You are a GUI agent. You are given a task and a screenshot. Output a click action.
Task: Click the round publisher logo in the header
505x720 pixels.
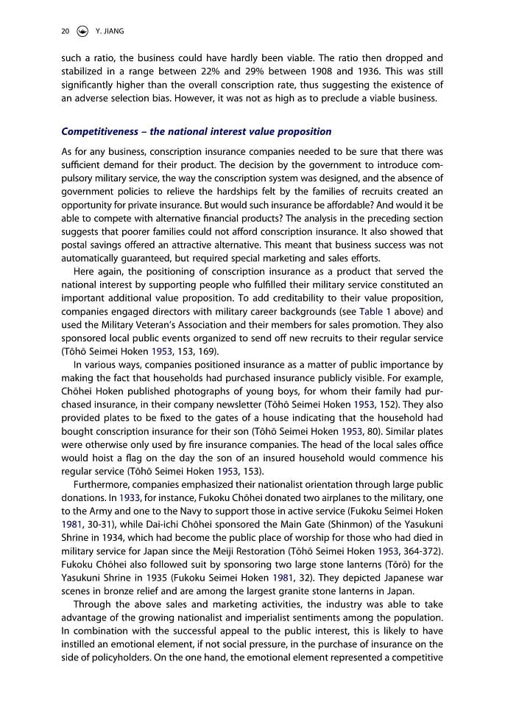coord(83,31)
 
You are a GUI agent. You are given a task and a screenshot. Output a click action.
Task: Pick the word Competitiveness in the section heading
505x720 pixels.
coord(99,131)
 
